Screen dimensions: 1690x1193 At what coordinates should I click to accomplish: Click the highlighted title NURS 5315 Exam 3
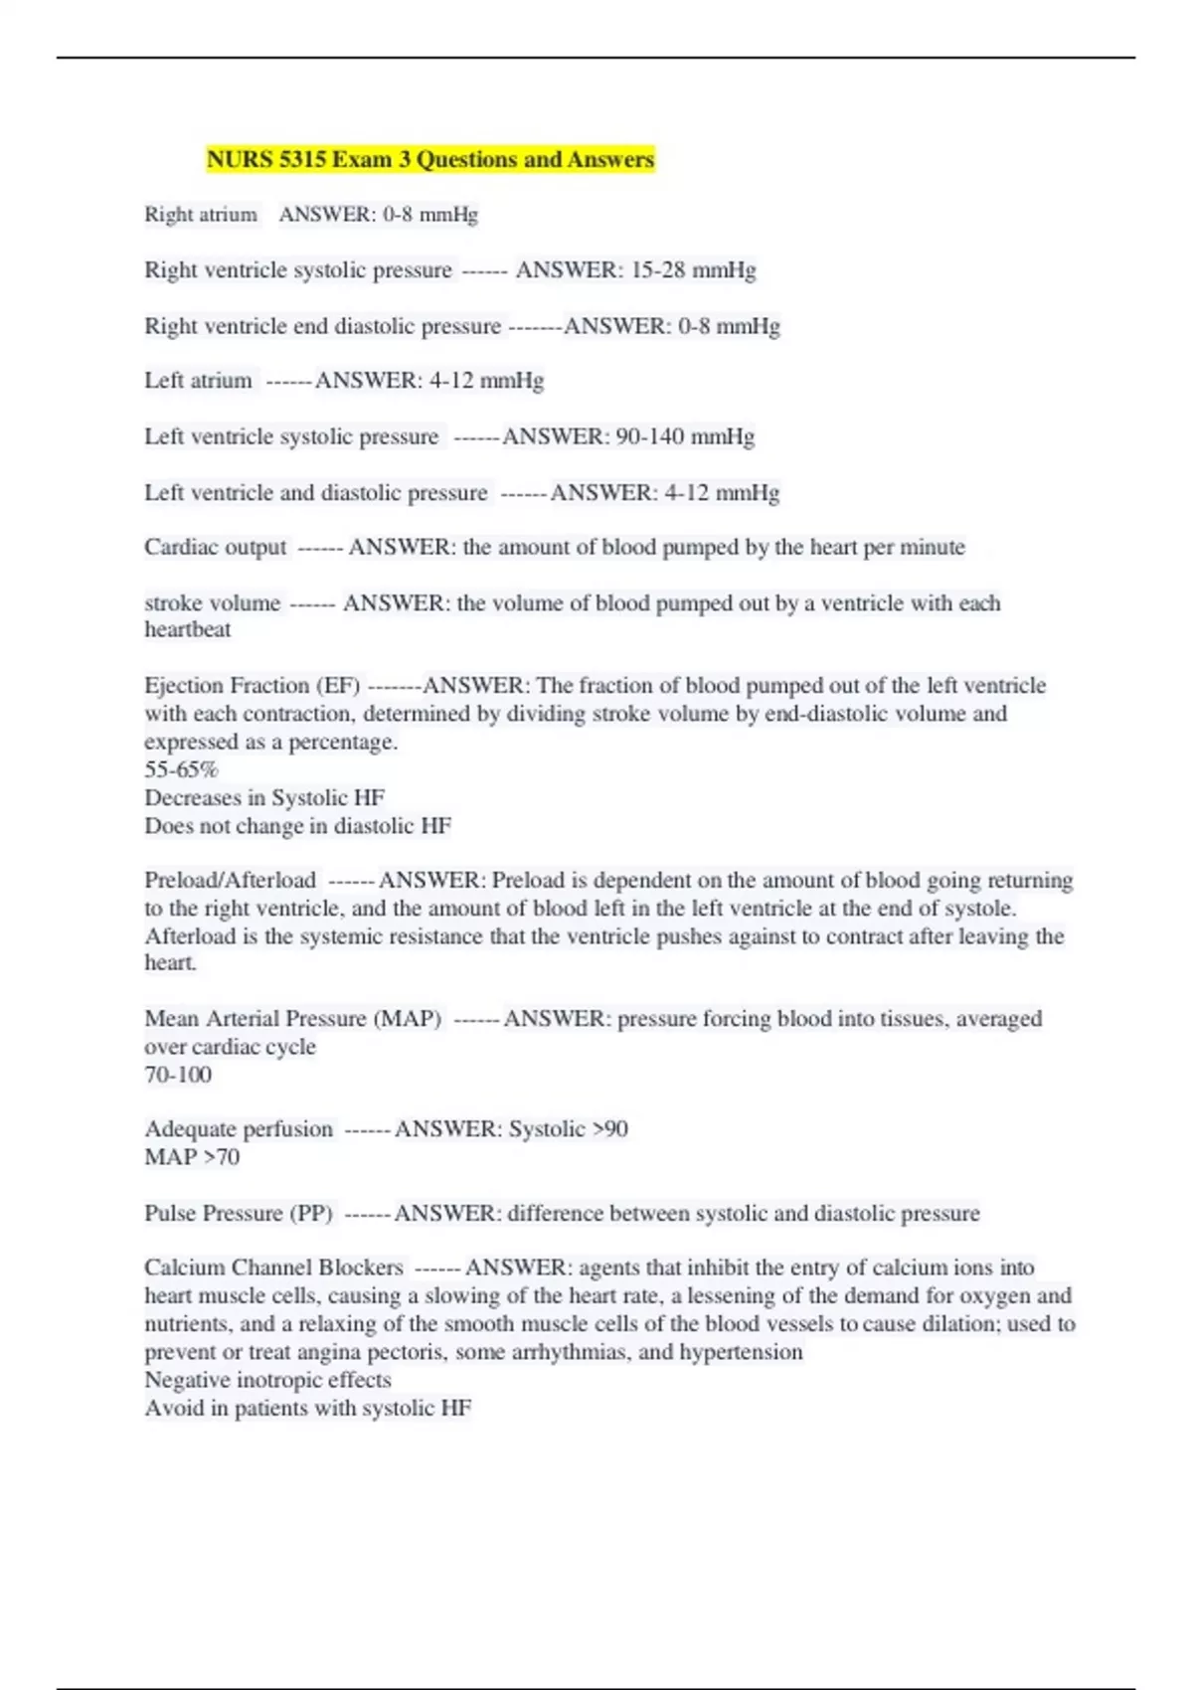(x=430, y=159)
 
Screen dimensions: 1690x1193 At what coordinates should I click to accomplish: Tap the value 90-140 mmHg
(x=685, y=436)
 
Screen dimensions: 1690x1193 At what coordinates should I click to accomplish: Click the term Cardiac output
(x=215, y=547)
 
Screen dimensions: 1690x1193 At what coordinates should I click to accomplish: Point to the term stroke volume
(x=212, y=603)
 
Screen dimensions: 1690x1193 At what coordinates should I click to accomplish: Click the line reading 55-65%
(x=181, y=769)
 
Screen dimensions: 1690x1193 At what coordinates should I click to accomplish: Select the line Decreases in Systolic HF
(x=264, y=797)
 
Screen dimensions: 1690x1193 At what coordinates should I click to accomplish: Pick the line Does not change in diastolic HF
(x=297, y=825)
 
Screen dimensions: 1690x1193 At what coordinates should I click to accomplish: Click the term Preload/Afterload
(x=230, y=880)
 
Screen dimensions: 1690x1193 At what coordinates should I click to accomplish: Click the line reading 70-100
(x=178, y=1075)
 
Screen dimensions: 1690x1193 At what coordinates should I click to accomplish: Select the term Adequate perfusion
(x=239, y=1129)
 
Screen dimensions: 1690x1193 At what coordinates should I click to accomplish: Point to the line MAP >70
(x=192, y=1157)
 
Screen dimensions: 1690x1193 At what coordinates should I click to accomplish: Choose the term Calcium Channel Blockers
(x=273, y=1267)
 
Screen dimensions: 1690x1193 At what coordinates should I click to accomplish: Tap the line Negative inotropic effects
(x=267, y=1380)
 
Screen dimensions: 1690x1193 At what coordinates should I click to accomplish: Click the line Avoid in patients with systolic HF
(x=308, y=1408)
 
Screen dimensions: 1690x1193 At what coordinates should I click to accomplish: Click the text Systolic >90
(x=568, y=1129)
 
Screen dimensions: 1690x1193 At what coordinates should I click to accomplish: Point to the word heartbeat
(x=187, y=629)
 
